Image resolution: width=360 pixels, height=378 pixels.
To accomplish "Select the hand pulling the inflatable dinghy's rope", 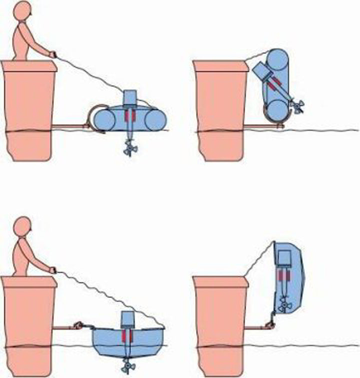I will [52, 53].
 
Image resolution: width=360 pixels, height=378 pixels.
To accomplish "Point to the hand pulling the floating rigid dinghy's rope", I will [52, 270].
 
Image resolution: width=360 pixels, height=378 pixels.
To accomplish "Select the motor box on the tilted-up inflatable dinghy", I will [262, 70].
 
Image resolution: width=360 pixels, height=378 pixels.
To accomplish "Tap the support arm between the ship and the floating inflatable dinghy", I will [70, 126].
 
